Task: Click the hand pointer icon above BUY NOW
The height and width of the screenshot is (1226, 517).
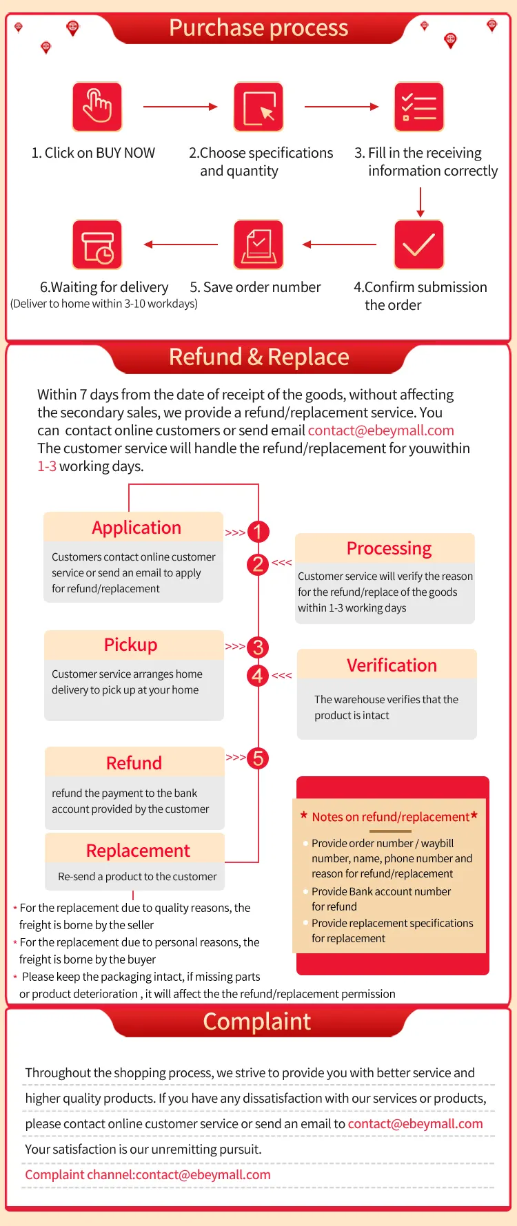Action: point(97,107)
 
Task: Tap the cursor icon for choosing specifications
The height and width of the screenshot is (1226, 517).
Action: point(258,107)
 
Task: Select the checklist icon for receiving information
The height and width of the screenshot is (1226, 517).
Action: point(419,107)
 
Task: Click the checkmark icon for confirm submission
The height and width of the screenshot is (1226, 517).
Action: point(419,245)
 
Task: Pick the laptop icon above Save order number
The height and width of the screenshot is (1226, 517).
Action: point(258,245)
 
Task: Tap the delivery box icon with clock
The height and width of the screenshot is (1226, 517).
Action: point(97,245)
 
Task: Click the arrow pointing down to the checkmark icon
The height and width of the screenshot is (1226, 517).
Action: point(420,202)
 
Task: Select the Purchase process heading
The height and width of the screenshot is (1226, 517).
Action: point(258,28)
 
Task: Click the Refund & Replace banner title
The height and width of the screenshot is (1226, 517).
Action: point(258,357)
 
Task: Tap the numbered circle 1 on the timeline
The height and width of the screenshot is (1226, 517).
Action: point(258,532)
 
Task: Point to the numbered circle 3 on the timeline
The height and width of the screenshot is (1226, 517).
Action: point(258,647)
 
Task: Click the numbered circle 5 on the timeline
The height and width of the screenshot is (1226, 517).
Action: point(258,758)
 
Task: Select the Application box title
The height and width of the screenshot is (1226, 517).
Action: point(136,528)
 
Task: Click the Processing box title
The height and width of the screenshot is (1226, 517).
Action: point(389,548)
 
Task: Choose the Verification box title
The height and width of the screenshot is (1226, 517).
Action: point(392,665)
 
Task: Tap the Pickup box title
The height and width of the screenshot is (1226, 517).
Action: point(130,645)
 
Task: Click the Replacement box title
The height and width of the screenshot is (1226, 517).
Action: point(138,851)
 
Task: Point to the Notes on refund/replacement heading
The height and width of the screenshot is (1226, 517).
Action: point(390,817)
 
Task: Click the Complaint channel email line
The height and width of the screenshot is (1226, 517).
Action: point(148,1174)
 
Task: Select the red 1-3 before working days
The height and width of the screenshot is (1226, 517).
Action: point(47,466)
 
